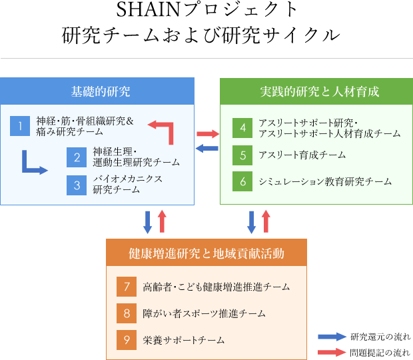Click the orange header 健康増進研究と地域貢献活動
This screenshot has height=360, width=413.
pos(206,253)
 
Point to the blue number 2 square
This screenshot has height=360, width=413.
pos(77,157)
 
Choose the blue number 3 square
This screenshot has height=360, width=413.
pos(77,184)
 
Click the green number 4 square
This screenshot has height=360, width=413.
pos(243,127)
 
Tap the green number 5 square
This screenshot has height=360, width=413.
pos(243,155)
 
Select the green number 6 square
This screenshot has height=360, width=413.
pos(243,181)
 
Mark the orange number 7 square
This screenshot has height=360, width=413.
pos(126,287)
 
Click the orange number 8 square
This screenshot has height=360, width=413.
pos(126,313)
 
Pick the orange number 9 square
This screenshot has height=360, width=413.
pos(126,339)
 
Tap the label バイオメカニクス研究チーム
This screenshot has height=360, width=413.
pos(127,184)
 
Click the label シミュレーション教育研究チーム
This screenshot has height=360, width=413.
pos(325,181)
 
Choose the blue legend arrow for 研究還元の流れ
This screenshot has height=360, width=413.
pos(330,337)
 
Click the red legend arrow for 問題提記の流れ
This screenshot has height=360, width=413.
pos(330,351)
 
